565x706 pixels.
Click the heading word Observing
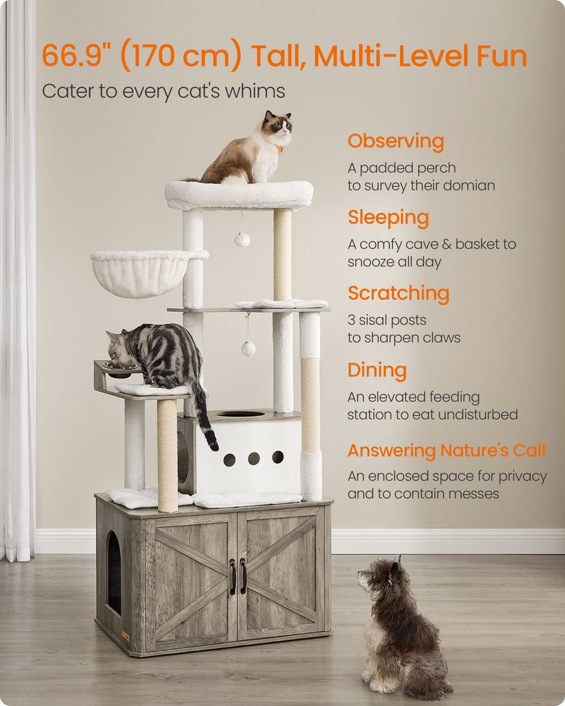[x=395, y=141]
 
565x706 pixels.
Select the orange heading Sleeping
[x=388, y=217]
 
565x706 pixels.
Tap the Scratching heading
[x=398, y=293]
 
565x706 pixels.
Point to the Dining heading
[x=377, y=370]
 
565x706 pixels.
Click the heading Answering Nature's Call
[x=446, y=450]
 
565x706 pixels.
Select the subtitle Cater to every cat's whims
[x=163, y=92]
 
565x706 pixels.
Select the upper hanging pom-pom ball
[x=242, y=239]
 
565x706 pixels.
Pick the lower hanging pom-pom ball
[x=248, y=348]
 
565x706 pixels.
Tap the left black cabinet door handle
[x=232, y=577]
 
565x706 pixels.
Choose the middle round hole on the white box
[x=254, y=458]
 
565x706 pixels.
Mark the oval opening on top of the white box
[x=241, y=414]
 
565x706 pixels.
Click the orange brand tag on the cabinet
[x=126, y=636]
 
